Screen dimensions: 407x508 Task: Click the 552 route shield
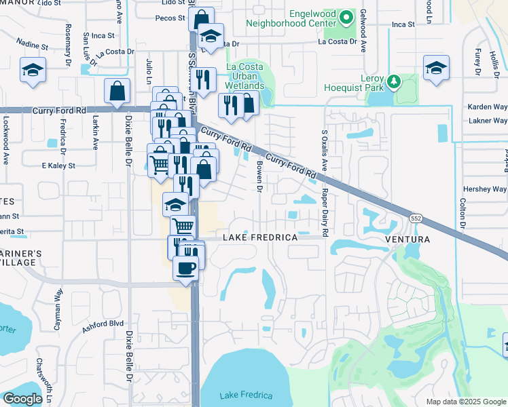click(416, 218)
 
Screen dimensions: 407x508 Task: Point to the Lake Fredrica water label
click(246, 395)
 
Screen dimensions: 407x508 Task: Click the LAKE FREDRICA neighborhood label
click(261, 238)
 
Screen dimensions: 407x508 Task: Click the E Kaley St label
click(58, 166)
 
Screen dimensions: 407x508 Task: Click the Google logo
click(22, 399)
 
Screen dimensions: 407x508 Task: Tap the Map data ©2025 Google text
click(465, 402)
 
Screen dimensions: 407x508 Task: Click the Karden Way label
click(487, 107)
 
